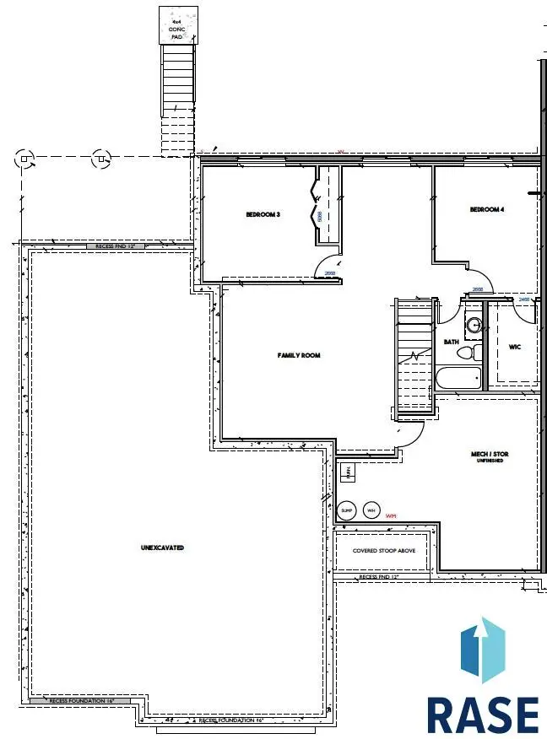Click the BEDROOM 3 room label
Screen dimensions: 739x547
[263, 215]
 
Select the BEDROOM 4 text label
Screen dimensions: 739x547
[486, 210]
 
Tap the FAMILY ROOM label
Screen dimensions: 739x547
[299, 356]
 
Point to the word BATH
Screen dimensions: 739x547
[451, 342]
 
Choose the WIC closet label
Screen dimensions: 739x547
[514, 347]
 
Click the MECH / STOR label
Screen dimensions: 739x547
[490, 455]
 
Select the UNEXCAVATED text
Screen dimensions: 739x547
[162, 548]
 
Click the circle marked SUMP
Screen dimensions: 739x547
[347, 510]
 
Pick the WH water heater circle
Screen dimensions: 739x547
[371, 510]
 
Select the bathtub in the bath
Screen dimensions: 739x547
[458, 379]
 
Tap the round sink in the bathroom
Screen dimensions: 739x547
[473, 322]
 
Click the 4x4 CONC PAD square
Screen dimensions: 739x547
[177, 24]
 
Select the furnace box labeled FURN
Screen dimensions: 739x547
[347, 473]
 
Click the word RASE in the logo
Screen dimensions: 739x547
[482, 715]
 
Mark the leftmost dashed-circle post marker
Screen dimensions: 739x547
[25, 157]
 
